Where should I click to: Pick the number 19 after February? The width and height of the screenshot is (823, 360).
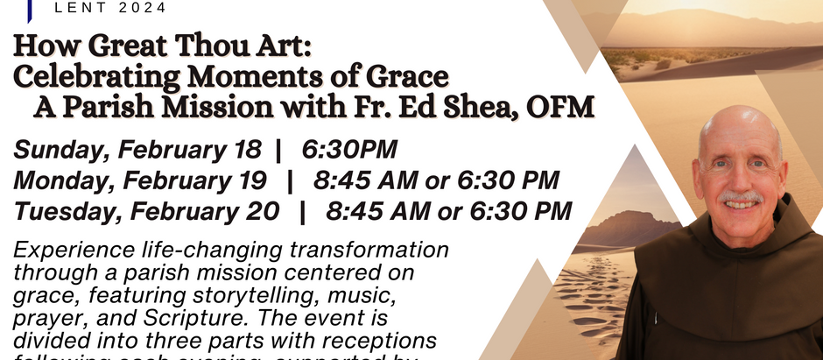click(x=249, y=180)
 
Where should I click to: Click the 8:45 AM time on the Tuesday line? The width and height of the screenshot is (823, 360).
click(x=377, y=211)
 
